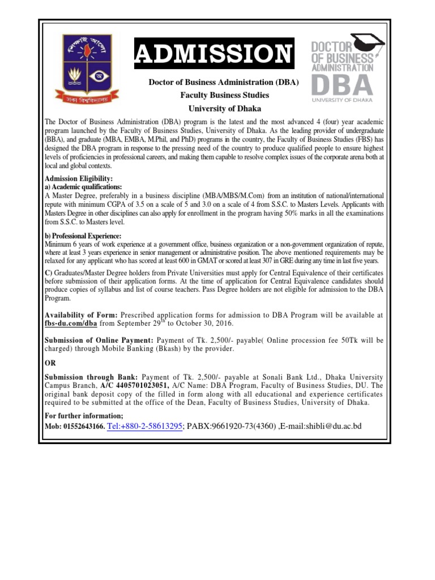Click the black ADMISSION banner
[x=214, y=54]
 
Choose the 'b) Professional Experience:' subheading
[x=83, y=236]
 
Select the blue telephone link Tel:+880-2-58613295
[x=144, y=425]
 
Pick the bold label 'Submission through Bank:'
[x=91, y=377]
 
